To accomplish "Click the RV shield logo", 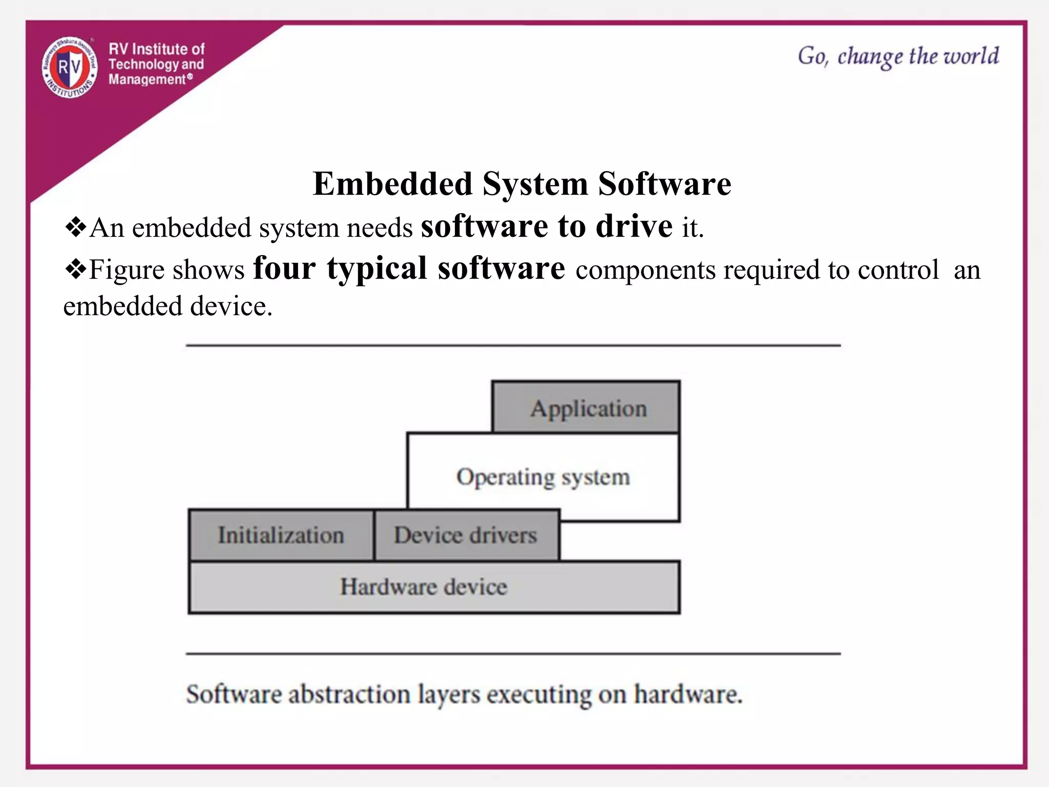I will [x=70, y=68].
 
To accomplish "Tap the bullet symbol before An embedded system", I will [x=75, y=227].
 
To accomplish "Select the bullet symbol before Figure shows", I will [x=75, y=270].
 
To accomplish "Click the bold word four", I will [x=284, y=268].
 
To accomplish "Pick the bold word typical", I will [x=376, y=269].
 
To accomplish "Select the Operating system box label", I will [x=543, y=477].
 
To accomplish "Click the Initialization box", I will [x=281, y=535].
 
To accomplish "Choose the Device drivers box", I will [x=466, y=535].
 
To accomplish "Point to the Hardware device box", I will [x=424, y=587].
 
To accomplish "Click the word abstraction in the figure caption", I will [x=349, y=695].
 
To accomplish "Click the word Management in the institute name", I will [x=147, y=80].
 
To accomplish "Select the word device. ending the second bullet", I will [x=231, y=306].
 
